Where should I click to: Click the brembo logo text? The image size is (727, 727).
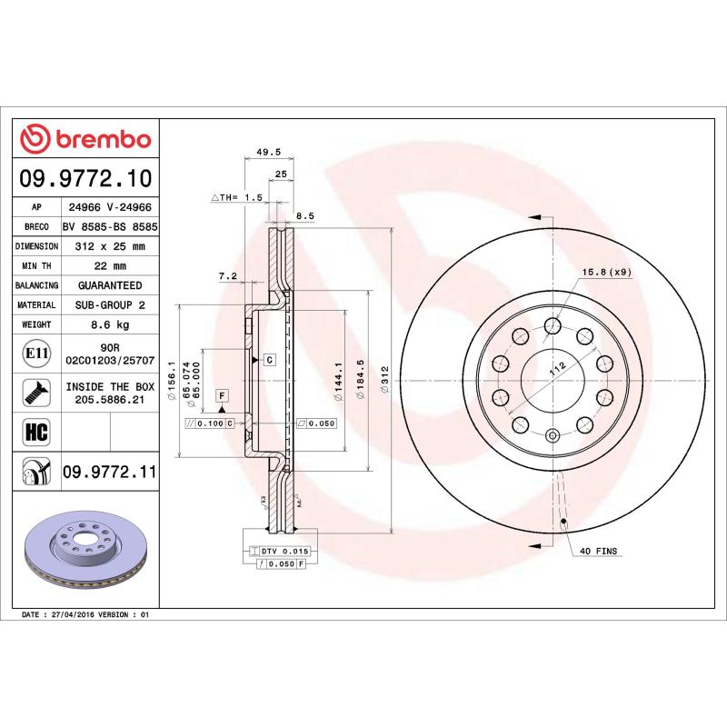[x=101, y=139]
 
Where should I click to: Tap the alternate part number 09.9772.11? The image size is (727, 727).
[x=110, y=473]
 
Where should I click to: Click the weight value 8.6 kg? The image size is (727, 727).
[x=110, y=324]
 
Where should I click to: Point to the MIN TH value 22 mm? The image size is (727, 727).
[x=110, y=265]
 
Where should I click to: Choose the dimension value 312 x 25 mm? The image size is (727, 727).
[x=110, y=246]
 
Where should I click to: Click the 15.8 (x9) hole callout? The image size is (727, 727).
[x=606, y=272]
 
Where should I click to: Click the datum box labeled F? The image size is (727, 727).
[x=220, y=394]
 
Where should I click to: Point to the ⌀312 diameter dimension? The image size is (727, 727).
[x=384, y=377]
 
